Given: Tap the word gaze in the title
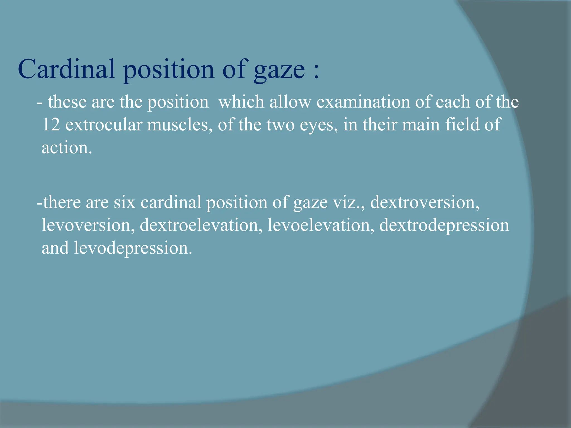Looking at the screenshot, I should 279,70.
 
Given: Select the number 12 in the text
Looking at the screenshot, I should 51,124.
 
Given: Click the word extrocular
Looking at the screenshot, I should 104,125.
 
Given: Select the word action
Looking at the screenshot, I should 66,147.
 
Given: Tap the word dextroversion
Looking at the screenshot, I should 425,202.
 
